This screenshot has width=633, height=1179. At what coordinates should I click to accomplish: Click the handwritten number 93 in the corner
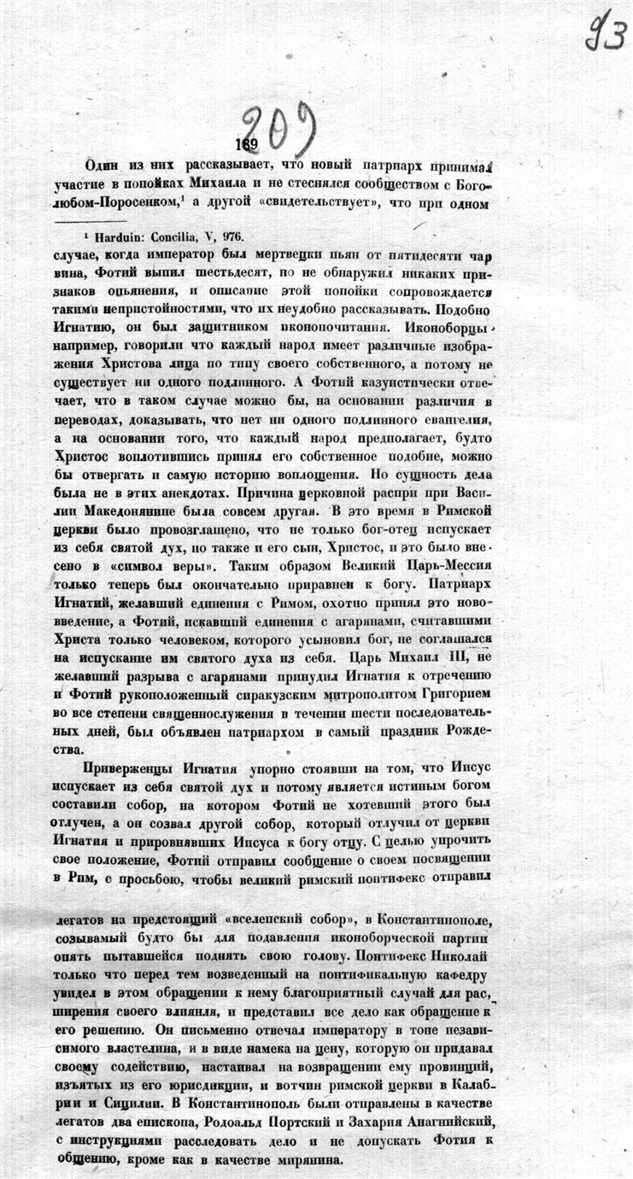click(605, 34)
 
